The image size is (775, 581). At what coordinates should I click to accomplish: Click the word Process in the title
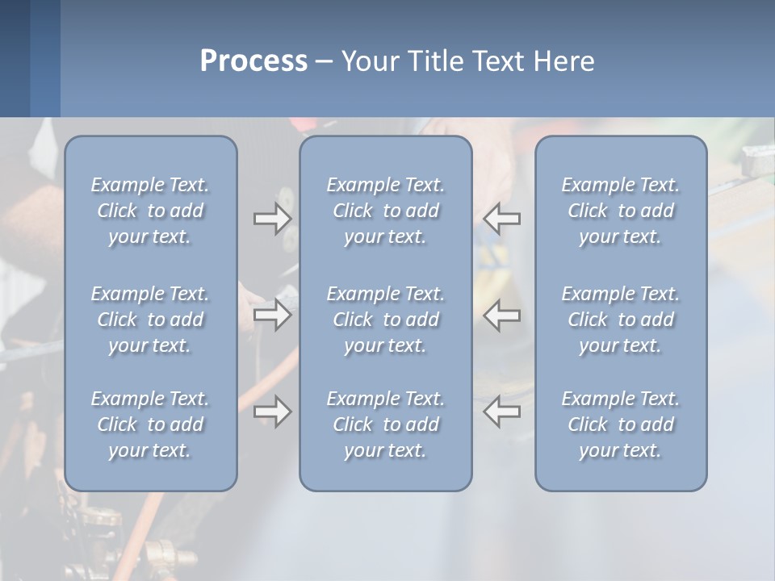tap(253, 61)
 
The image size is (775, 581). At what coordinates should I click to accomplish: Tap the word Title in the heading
tap(437, 61)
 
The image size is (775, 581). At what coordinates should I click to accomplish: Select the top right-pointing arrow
tap(272, 218)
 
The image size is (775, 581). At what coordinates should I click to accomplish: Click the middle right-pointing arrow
tap(272, 314)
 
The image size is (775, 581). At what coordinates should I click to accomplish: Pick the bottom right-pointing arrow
tap(272, 412)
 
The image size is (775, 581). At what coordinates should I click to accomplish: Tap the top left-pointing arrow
tap(502, 218)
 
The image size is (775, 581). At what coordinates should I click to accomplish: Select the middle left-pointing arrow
tap(502, 314)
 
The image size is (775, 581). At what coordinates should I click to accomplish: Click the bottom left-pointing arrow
tap(502, 412)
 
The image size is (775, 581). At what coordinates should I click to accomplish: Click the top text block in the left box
tap(150, 211)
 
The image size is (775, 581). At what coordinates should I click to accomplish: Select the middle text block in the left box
tap(150, 320)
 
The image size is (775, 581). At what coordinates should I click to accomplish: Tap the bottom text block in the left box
tap(150, 424)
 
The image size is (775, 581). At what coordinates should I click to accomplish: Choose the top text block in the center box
tap(386, 211)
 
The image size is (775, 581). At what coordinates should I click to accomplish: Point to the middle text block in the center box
tap(386, 320)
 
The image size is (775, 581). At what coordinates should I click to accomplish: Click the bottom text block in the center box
tap(386, 424)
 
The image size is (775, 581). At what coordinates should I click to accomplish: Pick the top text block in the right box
tap(621, 211)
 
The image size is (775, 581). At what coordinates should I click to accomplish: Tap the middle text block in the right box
tap(621, 320)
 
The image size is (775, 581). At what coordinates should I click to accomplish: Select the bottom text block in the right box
tap(621, 424)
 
